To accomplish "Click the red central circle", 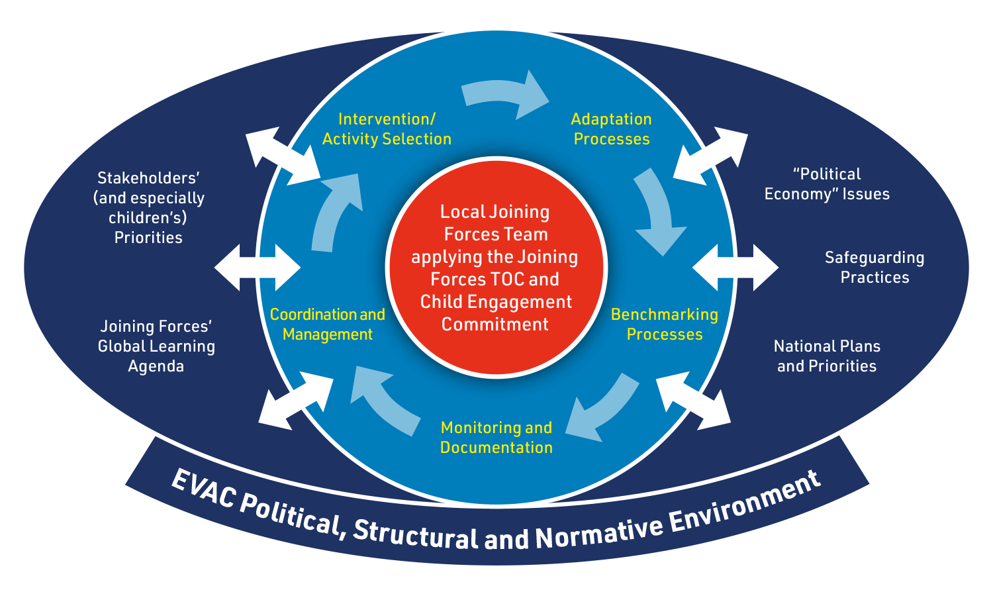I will point(496,268).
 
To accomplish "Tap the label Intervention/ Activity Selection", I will point(387,129).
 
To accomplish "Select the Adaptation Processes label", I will point(611,129).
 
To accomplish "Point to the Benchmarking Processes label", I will point(664,324).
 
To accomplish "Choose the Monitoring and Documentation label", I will point(496,438).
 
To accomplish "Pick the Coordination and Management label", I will point(328,324).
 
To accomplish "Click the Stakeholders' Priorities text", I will point(149,208).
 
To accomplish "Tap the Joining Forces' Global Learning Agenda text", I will point(156,346).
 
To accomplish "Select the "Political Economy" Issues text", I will point(827,184).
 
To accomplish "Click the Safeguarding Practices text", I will point(875,268).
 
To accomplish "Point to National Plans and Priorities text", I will point(827,356).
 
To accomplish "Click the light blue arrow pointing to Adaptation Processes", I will point(505,95).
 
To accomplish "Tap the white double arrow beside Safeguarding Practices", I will point(735,268).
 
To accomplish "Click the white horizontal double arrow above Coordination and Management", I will point(258,268).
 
